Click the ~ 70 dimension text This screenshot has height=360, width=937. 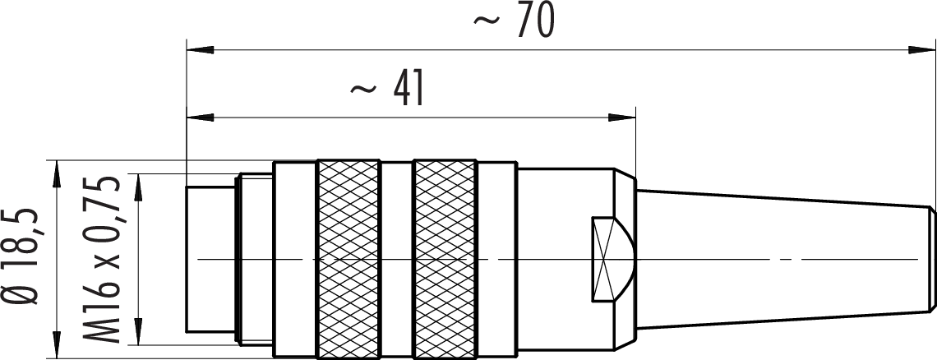tap(514, 21)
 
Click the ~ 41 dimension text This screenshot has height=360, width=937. tap(387, 88)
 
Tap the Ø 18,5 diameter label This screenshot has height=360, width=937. tap(24, 256)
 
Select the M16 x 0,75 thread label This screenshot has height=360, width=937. tap(102, 259)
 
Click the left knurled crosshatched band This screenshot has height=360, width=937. tap(348, 260)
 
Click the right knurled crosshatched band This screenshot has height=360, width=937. tap(445, 260)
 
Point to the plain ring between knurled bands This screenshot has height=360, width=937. tap(397, 260)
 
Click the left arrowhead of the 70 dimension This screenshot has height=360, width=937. tap(201, 49)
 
